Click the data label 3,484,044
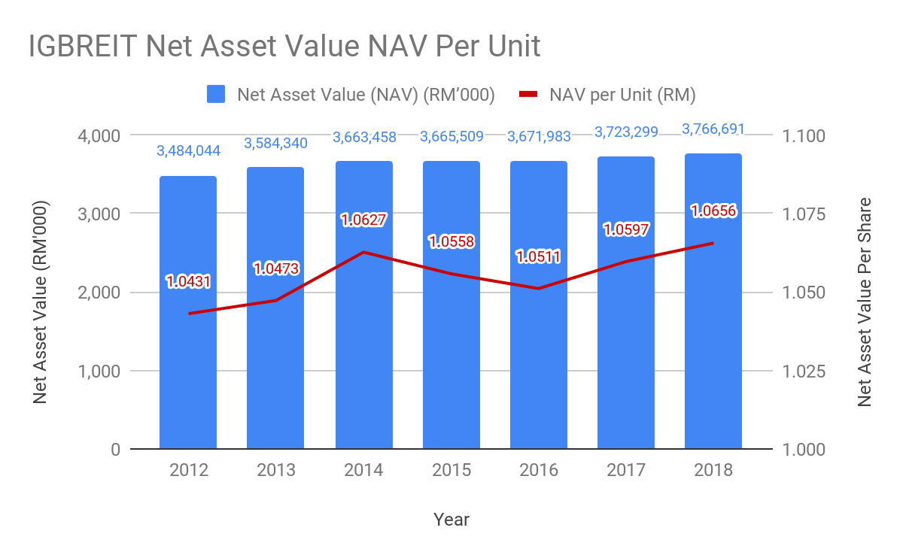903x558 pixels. [188, 151]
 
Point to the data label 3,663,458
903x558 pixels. [364, 137]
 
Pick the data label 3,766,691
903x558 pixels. [713, 129]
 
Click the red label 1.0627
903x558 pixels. [364, 220]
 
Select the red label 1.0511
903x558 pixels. [539, 256]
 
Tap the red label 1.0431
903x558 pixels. [188, 282]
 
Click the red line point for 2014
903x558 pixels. [364, 252]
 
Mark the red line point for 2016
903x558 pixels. [539, 289]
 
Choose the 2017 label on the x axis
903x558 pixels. [626, 470]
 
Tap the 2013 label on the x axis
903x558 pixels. [276, 470]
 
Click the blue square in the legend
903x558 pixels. [216, 94]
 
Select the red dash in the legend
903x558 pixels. [530, 94]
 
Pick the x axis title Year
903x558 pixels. [451, 520]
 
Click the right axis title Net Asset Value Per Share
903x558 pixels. [865, 302]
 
